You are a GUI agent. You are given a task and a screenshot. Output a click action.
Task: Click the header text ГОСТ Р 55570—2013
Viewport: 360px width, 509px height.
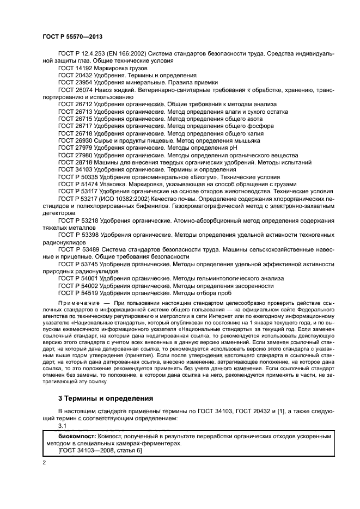coord(73,35)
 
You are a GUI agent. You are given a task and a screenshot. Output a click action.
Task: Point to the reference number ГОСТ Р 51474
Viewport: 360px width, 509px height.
coord(78,184)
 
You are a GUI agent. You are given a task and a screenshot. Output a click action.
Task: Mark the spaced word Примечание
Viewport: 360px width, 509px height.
coord(77,301)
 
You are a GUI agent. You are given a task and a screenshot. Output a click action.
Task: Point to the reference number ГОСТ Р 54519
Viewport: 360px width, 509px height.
coord(78,292)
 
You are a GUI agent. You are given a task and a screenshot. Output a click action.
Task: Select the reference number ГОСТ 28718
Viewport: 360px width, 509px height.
coord(75,162)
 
